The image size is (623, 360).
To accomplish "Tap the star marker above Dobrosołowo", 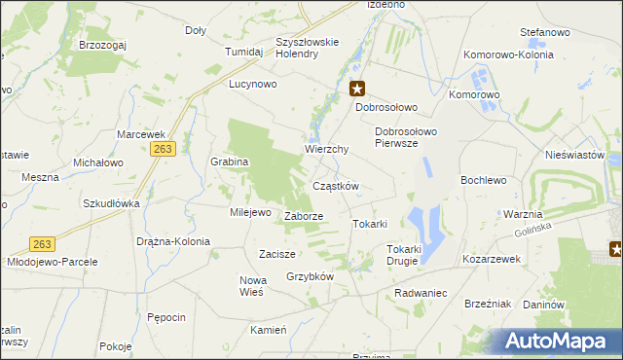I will [x=357, y=89].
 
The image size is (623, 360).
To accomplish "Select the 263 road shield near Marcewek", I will [x=163, y=148].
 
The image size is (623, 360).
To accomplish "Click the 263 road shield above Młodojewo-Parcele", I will [x=41, y=244].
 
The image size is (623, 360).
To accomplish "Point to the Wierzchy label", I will [x=326, y=150].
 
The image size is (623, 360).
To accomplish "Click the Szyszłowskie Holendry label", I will [x=307, y=48].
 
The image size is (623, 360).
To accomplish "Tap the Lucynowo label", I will [x=253, y=85].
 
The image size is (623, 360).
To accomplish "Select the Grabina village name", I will [x=230, y=162].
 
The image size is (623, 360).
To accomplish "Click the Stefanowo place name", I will [x=544, y=33].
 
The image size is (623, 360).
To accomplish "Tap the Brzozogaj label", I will [x=104, y=46].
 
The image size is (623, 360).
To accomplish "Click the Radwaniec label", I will [x=421, y=293].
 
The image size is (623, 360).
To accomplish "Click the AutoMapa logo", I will [x=558, y=342].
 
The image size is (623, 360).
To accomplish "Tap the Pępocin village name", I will [x=166, y=317].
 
